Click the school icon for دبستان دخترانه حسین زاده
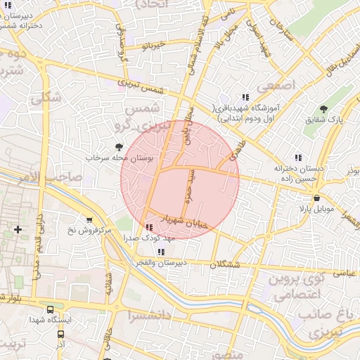tap(298, 157)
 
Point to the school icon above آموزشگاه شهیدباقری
tap(245, 97)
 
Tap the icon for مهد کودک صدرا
tap(148, 227)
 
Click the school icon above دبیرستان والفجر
tap(162, 251)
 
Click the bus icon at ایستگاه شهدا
tap(50, 309)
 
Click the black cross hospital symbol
tap(18, 229)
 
